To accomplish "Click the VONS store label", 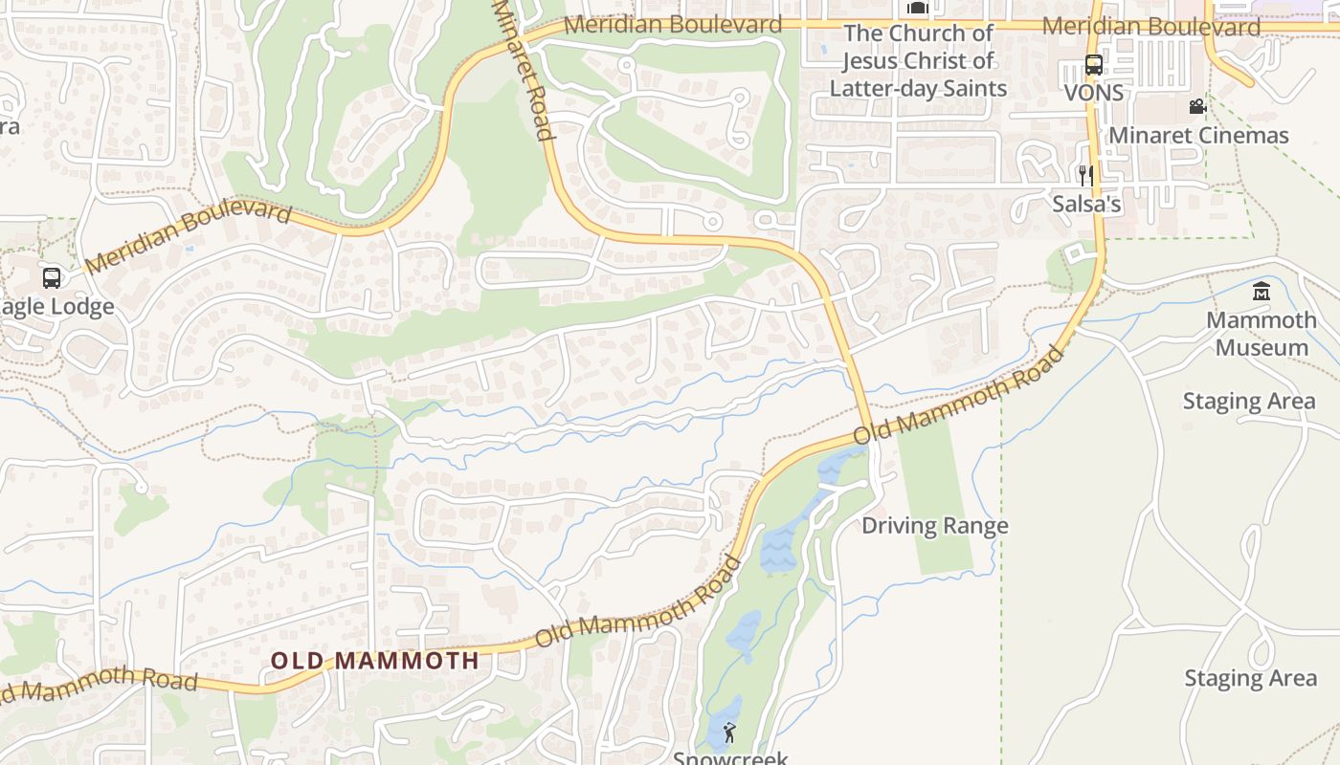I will (1094, 94).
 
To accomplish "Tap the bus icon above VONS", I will (1094, 65).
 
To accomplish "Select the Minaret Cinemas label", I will (1198, 135).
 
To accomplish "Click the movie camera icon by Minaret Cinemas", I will (1197, 106).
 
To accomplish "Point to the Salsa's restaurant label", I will (1086, 204).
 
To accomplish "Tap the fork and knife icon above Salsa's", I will (1086, 175).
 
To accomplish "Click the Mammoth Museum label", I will (1261, 333).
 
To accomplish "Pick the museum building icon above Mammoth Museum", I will (1261, 292).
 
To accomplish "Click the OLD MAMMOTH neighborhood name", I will (374, 660).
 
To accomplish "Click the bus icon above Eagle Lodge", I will (52, 278).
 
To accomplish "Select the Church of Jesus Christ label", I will (918, 60).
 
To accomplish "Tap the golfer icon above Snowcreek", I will (729, 733).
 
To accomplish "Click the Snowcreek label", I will (729, 757).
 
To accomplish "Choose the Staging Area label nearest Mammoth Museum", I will (1249, 401).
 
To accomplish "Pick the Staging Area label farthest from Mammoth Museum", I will (1250, 678).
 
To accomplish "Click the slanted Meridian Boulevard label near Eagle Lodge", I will (189, 235).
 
